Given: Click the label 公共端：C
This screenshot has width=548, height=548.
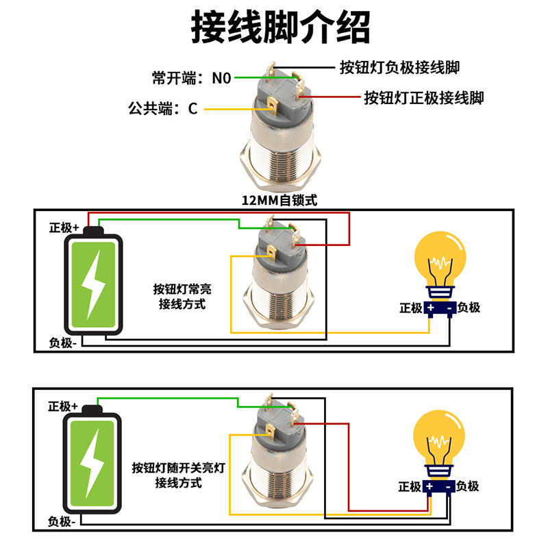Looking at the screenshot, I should pos(162,108).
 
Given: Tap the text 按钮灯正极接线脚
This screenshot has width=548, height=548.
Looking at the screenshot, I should pos(423,98).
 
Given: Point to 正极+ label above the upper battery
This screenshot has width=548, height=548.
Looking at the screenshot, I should pos(64,228).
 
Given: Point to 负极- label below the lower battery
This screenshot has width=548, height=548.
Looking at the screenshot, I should pos(62,522).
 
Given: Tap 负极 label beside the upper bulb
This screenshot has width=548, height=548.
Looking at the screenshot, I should pos(469,308).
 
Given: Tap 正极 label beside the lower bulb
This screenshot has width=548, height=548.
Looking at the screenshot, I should pos(410,486).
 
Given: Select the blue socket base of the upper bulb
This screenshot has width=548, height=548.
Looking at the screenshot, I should pos(439,310).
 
